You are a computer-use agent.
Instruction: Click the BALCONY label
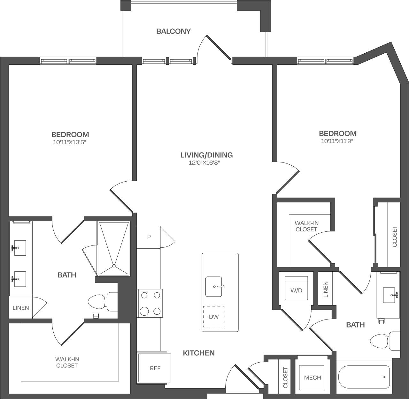pos(173,31)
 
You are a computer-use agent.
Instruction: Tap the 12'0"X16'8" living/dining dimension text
pos(206,163)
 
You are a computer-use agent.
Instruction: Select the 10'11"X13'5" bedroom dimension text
pos(70,142)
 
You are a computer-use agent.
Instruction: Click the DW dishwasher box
pos(214,317)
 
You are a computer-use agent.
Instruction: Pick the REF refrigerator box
pos(155,368)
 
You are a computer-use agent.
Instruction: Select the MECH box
pos(312,378)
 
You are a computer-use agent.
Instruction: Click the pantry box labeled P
pos(149,237)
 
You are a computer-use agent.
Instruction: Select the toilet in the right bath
pos(384,342)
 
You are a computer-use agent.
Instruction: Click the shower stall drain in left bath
pos(114,266)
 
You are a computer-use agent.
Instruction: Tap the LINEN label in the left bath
pos(21,308)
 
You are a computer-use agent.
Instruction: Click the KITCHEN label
pos(198,353)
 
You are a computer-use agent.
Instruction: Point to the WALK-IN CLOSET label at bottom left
pos(67,363)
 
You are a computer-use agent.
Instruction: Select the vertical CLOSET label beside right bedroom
pos(394,236)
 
